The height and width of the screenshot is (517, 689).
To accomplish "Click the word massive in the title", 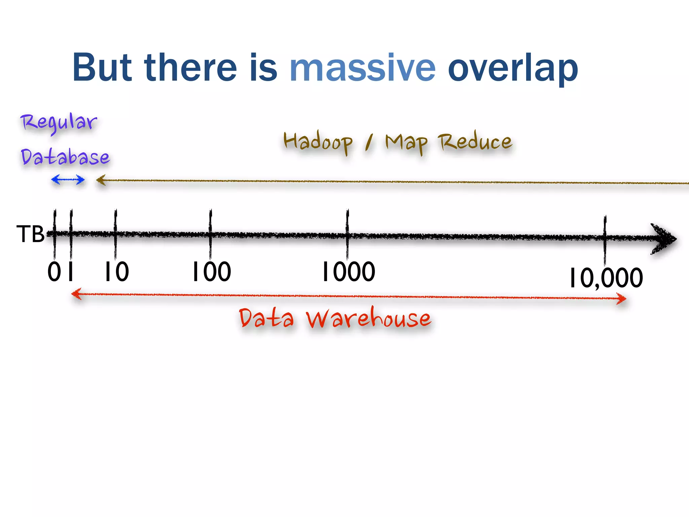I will click(x=362, y=68).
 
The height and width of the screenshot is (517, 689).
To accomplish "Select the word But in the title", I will click(x=102, y=68).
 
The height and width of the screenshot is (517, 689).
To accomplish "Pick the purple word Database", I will click(x=65, y=157).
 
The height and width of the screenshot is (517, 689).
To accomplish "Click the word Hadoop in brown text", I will click(x=318, y=142).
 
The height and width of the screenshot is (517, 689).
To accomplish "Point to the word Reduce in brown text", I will click(x=475, y=141).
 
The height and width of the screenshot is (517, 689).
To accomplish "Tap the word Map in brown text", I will click(x=406, y=143).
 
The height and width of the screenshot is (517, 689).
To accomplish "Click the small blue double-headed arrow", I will click(x=68, y=180).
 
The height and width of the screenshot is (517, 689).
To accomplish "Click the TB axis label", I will click(x=30, y=234).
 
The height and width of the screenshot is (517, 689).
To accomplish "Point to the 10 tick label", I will click(x=116, y=272).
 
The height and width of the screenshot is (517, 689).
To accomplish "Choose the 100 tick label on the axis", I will click(x=212, y=272).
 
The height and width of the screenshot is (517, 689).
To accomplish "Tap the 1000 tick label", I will click(x=349, y=272).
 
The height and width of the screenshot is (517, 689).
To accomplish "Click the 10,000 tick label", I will click(x=606, y=278).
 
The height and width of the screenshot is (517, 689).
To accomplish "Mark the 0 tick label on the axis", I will click(x=54, y=272).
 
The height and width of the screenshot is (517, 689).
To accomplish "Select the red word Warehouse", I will click(x=368, y=318).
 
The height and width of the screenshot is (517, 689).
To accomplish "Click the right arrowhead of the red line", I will click(x=621, y=298).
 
